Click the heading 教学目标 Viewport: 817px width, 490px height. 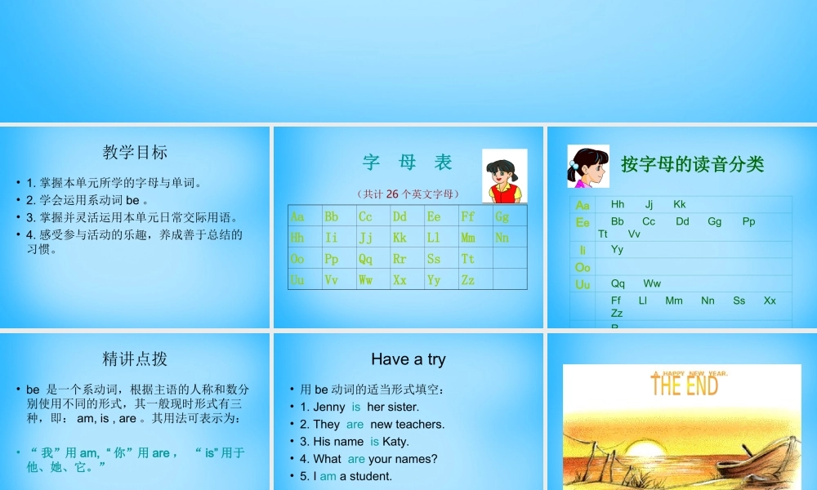[x=135, y=152]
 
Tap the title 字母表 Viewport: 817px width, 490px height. [x=408, y=163]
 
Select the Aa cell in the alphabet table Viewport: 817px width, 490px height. [x=297, y=216]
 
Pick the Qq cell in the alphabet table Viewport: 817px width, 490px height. [x=365, y=259]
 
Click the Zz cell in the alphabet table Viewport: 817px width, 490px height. [x=467, y=280]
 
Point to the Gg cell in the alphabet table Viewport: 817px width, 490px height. [x=502, y=216]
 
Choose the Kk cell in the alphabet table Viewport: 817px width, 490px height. [x=400, y=238]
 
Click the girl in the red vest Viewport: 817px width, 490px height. [x=503, y=176]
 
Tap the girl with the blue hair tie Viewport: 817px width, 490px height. [x=588, y=167]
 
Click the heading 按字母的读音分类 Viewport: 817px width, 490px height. [x=692, y=164]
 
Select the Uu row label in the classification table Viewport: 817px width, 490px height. [x=583, y=284]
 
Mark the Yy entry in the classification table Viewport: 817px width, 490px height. [x=617, y=249]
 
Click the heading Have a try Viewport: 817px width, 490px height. [x=408, y=359]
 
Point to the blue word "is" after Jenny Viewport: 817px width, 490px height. [x=356, y=407]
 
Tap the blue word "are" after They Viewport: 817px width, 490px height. [x=355, y=424]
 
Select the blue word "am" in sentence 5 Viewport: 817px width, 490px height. [x=328, y=476]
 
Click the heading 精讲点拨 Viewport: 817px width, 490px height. [x=135, y=359]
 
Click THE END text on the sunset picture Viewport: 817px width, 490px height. [x=684, y=385]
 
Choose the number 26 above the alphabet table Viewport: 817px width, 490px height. [x=392, y=194]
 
